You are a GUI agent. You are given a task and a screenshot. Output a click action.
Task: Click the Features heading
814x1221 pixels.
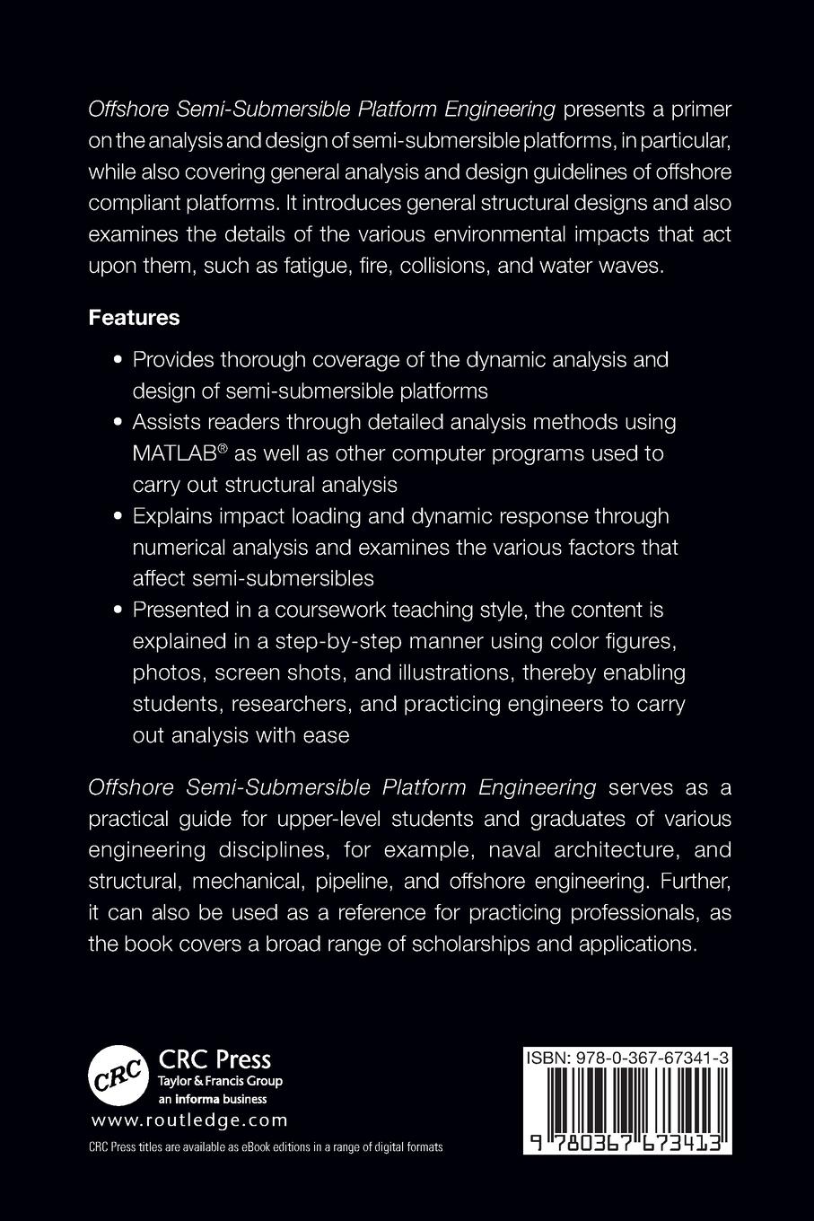(x=134, y=318)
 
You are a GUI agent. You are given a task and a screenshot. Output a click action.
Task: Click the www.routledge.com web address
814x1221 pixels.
(x=189, y=1120)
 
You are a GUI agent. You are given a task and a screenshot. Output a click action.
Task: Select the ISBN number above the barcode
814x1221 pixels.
(x=626, y=1059)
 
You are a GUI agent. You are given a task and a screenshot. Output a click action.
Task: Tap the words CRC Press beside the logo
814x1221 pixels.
(x=214, y=1059)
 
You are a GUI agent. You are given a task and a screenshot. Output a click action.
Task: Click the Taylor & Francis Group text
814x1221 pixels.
(x=220, y=1081)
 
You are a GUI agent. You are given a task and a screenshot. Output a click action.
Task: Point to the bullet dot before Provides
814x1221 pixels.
(x=118, y=360)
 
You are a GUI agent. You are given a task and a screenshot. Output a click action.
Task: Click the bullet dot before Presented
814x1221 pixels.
(x=118, y=610)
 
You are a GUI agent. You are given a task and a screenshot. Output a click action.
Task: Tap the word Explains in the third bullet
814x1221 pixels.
(x=171, y=516)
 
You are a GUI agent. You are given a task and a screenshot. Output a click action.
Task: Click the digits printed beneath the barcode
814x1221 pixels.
(x=626, y=1140)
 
